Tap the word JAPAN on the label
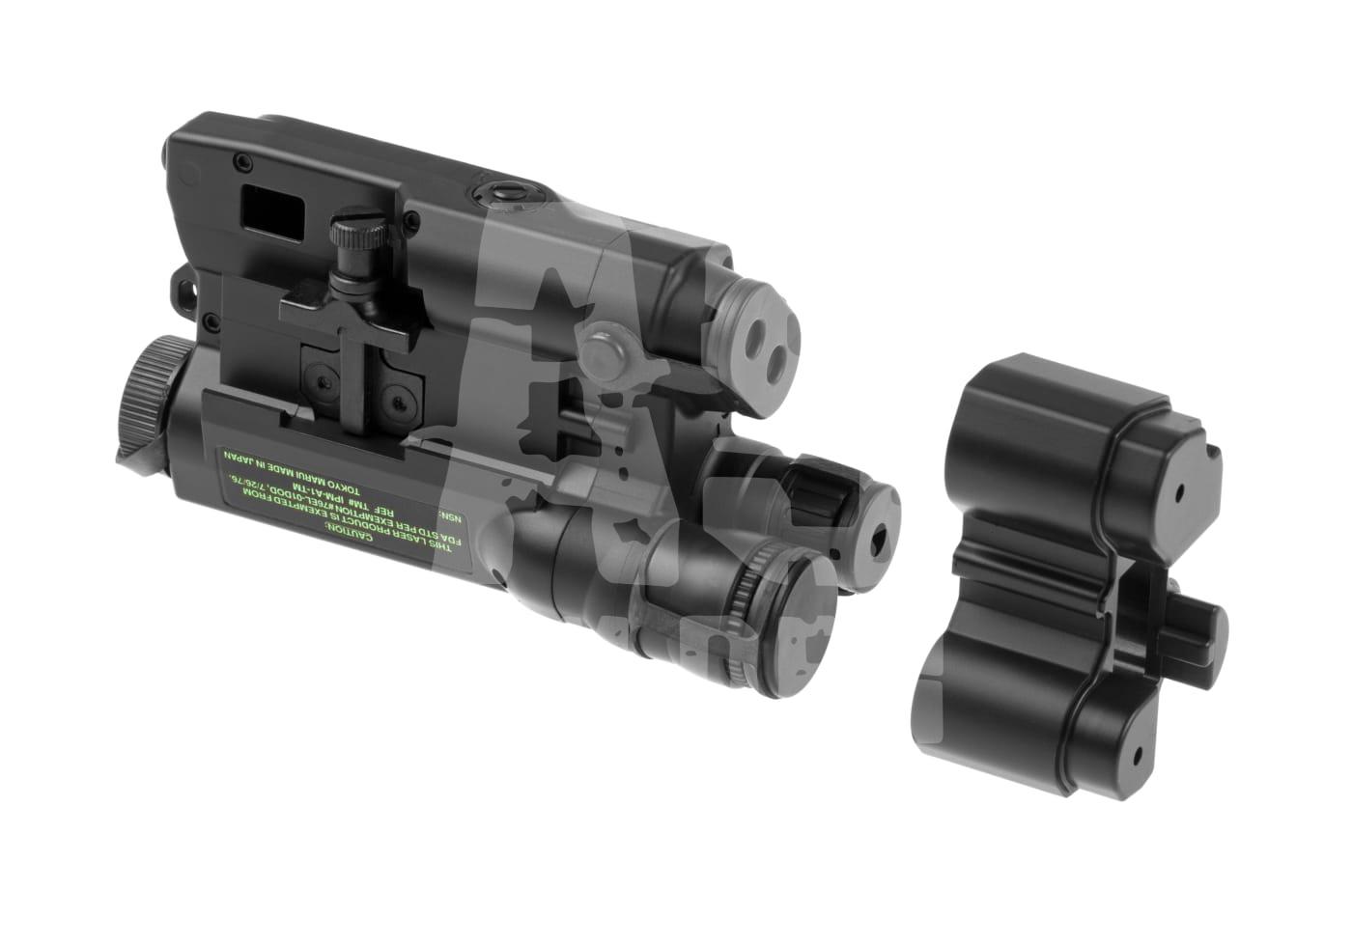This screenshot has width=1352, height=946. click(248, 457)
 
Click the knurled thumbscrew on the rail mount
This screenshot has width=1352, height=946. click(351, 235)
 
